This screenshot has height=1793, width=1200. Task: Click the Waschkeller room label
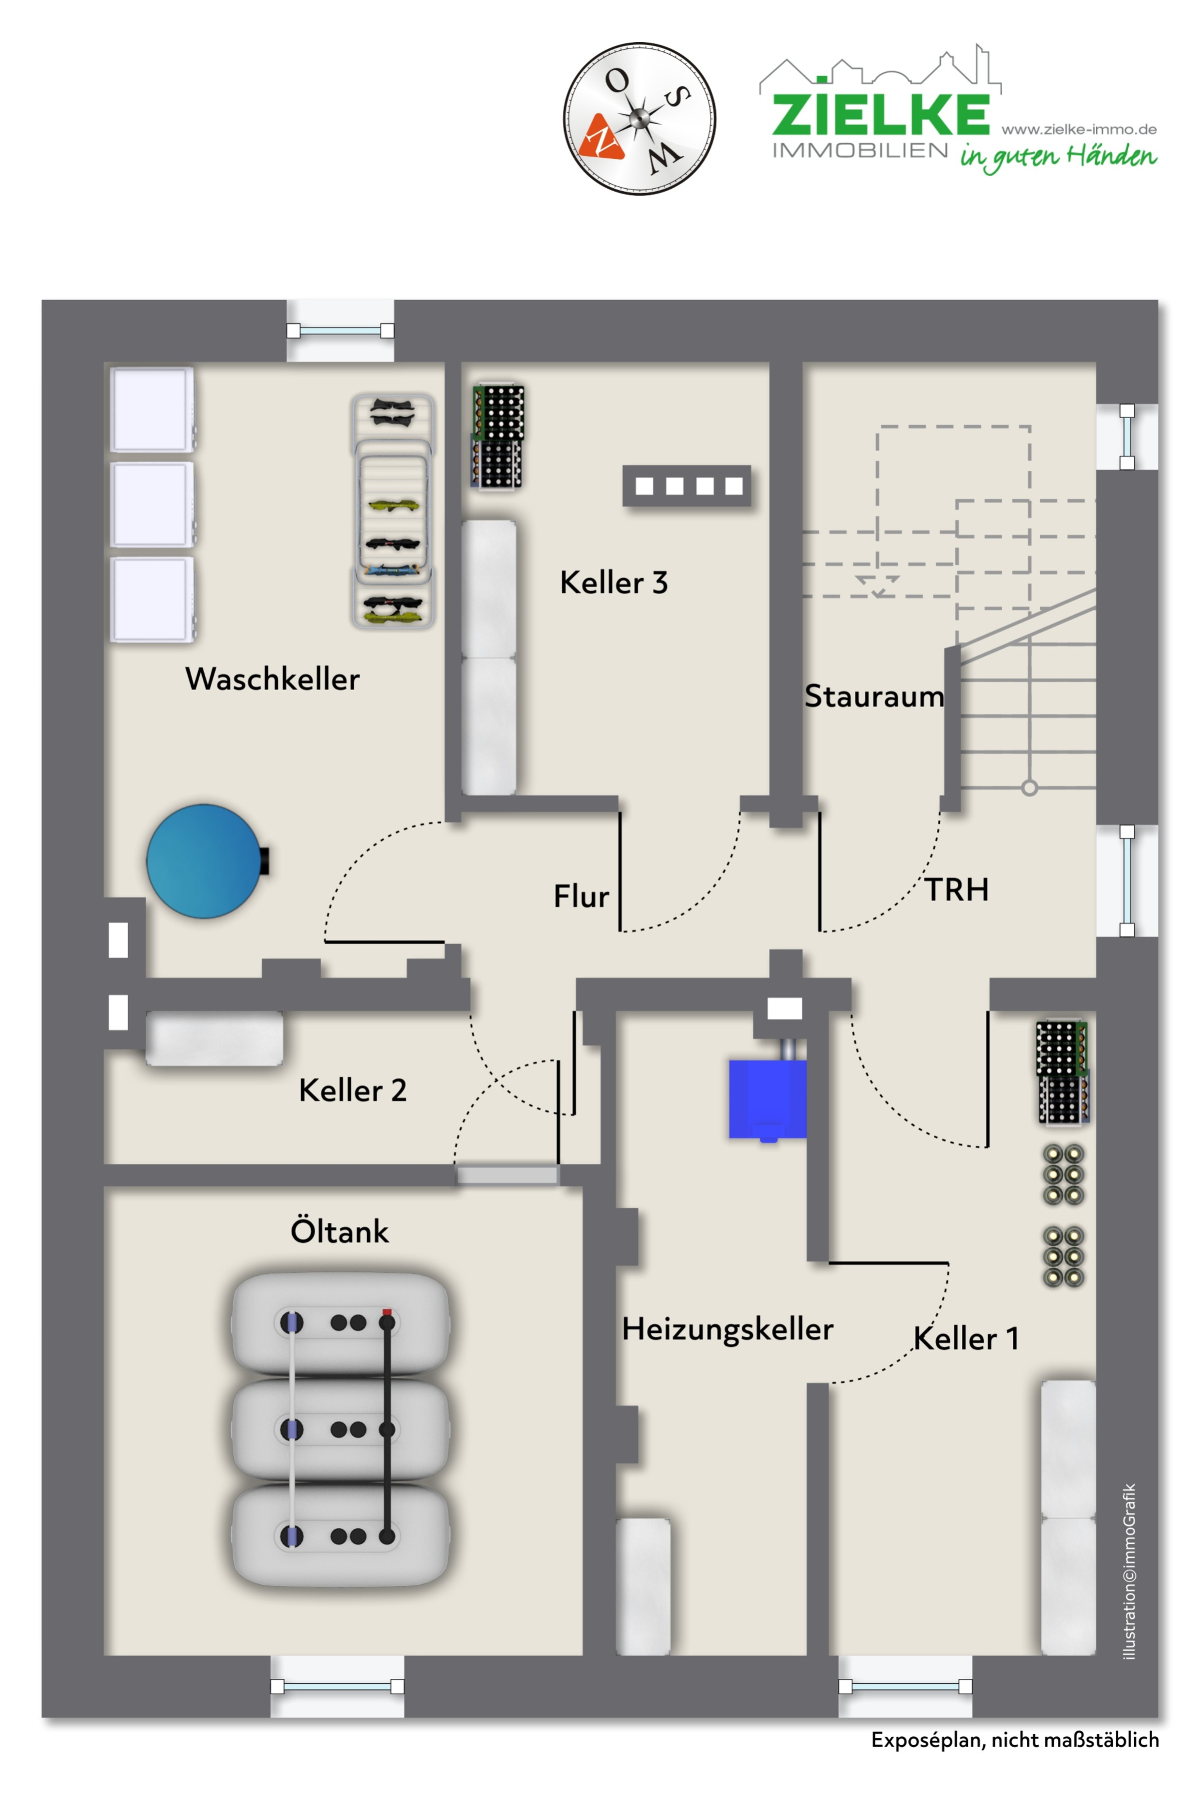click(272, 679)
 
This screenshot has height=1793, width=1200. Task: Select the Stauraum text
click(874, 696)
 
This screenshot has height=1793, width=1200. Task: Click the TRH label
click(957, 890)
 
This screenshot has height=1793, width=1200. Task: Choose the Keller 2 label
click(353, 1090)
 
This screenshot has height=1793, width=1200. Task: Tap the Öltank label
click(339, 1231)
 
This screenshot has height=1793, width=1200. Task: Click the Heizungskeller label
click(727, 1329)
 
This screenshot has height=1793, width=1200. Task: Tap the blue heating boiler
click(767, 1100)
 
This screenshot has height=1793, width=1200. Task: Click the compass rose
click(640, 119)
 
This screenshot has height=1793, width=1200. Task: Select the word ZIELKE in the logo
click(881, 114)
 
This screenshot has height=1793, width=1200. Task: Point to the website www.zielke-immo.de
click(1079, 129)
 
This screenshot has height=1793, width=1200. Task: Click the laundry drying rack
click(392, 511)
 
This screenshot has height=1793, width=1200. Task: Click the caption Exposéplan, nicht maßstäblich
click(1015, 1740)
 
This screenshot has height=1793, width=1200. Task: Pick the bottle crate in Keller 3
click(497, 436)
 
